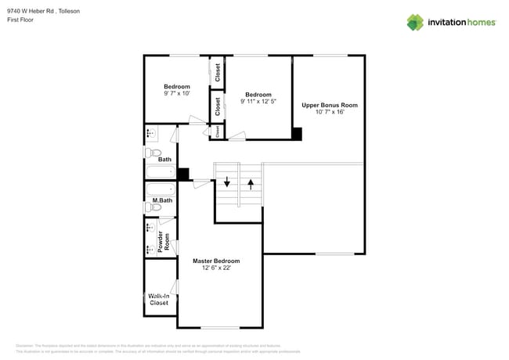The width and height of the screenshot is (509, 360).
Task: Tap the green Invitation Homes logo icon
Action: [x=415, y=22]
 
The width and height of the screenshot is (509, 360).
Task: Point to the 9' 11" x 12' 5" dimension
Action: [x=258, y=101]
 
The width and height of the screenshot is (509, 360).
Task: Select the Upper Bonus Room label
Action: [x=330, y=105]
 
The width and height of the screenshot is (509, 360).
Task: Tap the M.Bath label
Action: [x=162, y=200]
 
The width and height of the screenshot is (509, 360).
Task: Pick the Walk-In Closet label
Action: [x=159, y=300]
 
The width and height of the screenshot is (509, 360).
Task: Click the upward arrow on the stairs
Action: [x=251, y=185]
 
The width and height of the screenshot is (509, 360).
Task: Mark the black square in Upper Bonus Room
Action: [x=297, y=134]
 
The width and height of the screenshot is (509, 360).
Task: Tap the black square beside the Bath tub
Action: [x=183, y=175]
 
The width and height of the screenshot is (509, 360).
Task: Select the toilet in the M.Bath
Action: [x=154, y=208]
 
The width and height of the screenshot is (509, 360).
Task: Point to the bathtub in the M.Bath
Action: [x=161, y=189]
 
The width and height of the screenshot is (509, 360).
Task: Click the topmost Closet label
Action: [x=217, y=73]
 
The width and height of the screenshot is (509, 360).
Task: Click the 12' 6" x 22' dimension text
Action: [x=216, y=268]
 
